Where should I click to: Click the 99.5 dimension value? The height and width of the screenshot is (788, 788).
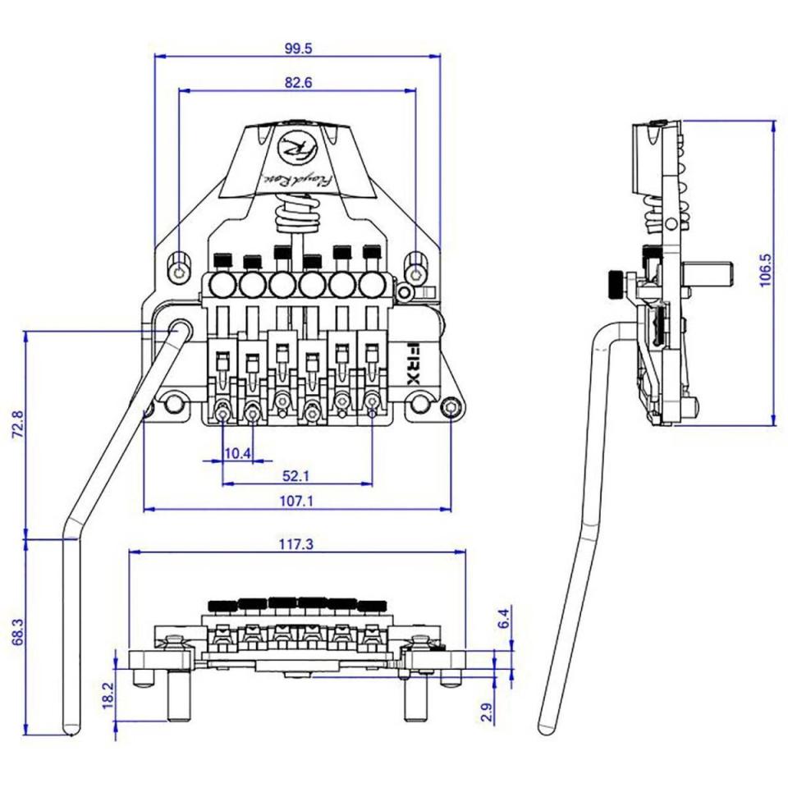point(298,48)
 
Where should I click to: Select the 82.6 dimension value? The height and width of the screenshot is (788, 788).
point(298,82)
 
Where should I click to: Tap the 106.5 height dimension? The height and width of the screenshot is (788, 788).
point(765,270)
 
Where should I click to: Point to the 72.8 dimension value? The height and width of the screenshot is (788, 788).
point(17,424)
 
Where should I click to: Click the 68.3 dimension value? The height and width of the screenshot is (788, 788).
point(17,632)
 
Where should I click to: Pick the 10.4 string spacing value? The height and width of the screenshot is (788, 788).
point(237,454)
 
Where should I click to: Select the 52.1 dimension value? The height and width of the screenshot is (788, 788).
point(295,475)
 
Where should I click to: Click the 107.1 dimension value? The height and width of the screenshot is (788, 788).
point(296,501)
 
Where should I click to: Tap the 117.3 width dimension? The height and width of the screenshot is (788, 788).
point(296,543)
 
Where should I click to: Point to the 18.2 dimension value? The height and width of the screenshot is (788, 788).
point(109,695)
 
